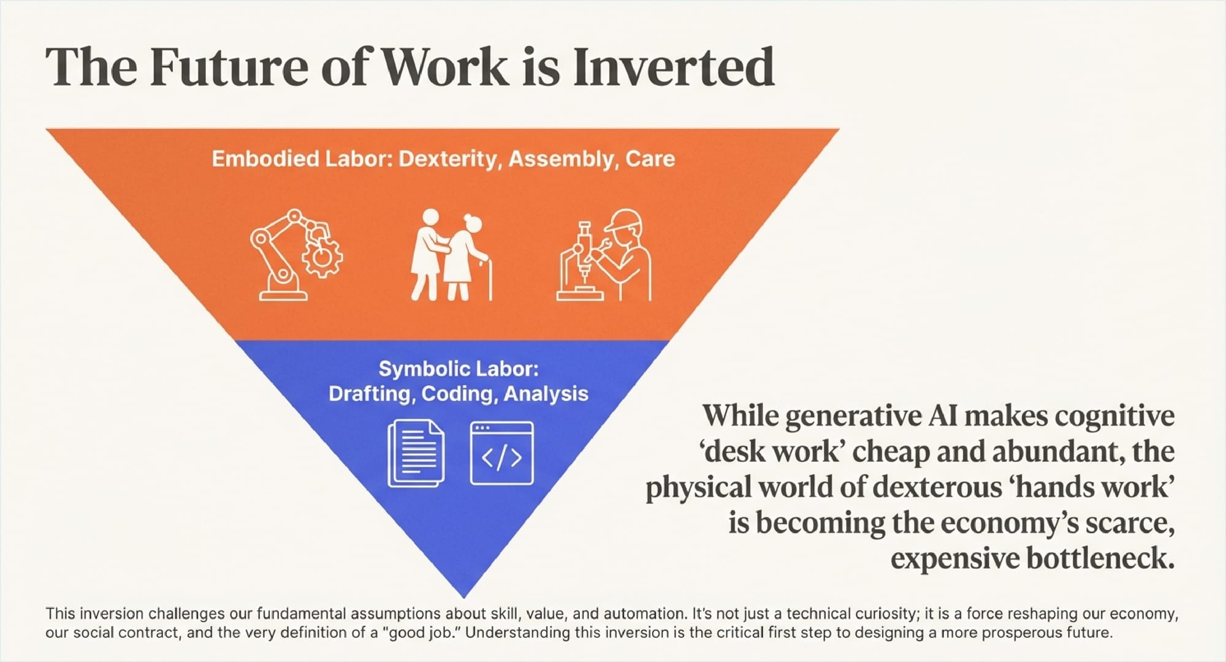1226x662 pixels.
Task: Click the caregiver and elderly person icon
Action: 451,255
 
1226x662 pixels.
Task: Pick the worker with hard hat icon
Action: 604,255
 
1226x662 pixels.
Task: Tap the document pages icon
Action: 416,454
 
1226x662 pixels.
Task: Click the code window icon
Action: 501,453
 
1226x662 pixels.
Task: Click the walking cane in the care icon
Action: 487,279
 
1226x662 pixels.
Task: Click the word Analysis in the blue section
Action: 546,394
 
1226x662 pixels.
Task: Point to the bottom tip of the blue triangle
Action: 464,598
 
